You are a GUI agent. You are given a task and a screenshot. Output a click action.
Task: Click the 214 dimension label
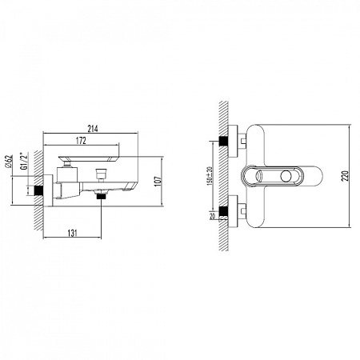tap(93, 129)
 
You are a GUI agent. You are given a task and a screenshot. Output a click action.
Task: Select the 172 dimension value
tap(81, 141)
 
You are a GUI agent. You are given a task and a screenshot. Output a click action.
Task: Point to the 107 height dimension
tap(158, 181)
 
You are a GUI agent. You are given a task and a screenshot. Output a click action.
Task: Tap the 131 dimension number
tap(72, 233)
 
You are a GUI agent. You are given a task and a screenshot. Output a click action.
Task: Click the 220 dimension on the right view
tap(346, 176)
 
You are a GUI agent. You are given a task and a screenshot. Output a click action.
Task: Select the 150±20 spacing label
tap(210, 176)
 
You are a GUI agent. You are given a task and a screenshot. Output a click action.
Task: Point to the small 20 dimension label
tap(212, 216)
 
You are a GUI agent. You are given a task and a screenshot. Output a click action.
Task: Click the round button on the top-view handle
tap(286, 176)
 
